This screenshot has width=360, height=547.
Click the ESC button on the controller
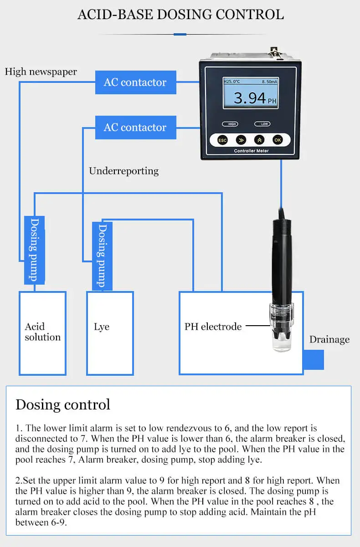222,140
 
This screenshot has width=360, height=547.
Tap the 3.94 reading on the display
250,98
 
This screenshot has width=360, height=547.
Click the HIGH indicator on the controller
230,124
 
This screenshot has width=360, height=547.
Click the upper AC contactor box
135,82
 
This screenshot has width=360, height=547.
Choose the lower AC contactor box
135,128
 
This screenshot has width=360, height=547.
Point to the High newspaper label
41,72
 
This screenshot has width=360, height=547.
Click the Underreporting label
123,171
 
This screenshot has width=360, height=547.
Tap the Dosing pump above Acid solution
34,250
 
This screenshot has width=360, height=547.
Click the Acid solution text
42,332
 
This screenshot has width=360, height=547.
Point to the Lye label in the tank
102,327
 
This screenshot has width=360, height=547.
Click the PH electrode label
213,327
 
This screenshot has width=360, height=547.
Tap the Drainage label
329,339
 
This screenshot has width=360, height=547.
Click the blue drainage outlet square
314,359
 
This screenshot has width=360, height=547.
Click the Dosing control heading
63,404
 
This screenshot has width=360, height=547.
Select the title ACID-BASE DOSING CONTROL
180,14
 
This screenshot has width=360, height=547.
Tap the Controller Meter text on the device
251,151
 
